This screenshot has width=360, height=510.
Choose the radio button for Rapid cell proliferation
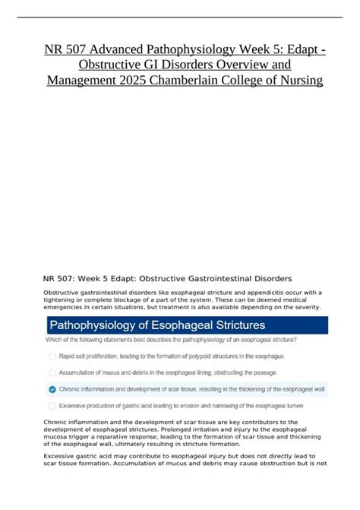(52, 356)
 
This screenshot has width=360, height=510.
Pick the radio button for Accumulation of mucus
(52, 372)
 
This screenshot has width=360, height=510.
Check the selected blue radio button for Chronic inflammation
(52, 388)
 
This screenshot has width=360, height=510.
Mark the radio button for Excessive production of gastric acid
(52, 404)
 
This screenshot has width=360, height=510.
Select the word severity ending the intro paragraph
(305, 306)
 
